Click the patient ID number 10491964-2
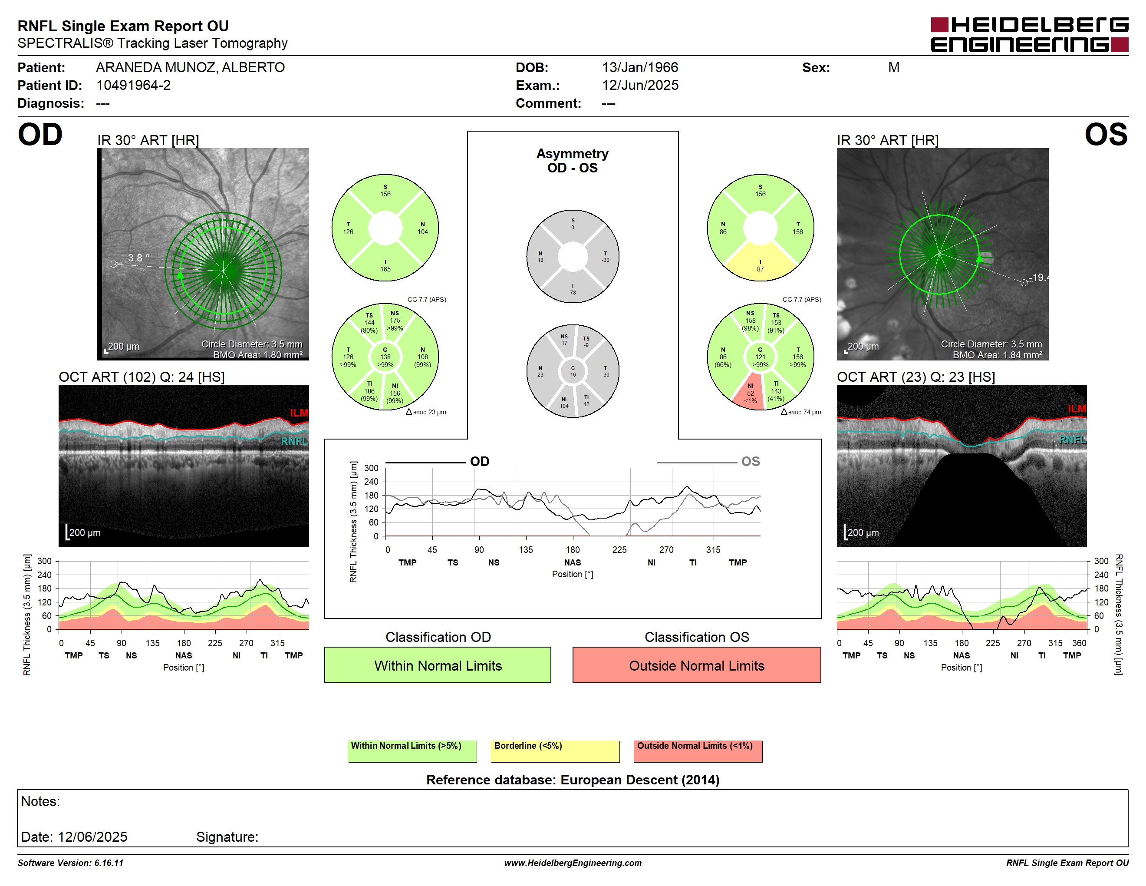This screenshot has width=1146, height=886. pos(133,85)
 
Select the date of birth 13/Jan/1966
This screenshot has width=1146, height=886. pos(640,67)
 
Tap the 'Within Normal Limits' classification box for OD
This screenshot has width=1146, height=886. pos(438,665)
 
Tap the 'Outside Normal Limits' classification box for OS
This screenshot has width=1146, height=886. pos(696,665)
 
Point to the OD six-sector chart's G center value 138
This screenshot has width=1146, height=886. pos(385,357)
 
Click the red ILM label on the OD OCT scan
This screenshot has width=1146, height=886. pos(299,413)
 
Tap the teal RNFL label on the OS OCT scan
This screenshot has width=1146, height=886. pos(1072,440)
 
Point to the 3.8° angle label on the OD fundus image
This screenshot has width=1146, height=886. pos(138,258)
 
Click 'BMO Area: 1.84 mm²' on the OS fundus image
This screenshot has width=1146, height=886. pos(998,355)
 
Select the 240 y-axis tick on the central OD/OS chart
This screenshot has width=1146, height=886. pos(371,482)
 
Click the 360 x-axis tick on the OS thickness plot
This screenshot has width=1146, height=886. pos(1079,643)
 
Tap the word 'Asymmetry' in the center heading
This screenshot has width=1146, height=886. pos(573,154)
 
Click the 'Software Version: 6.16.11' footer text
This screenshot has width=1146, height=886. pos(70,863)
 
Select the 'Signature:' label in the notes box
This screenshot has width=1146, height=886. pos(227,836)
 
